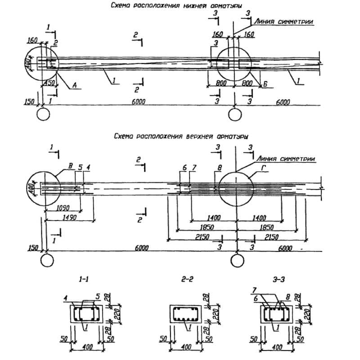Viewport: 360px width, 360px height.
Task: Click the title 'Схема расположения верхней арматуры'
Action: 180,135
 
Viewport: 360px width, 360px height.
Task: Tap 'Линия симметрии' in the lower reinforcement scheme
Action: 283,21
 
